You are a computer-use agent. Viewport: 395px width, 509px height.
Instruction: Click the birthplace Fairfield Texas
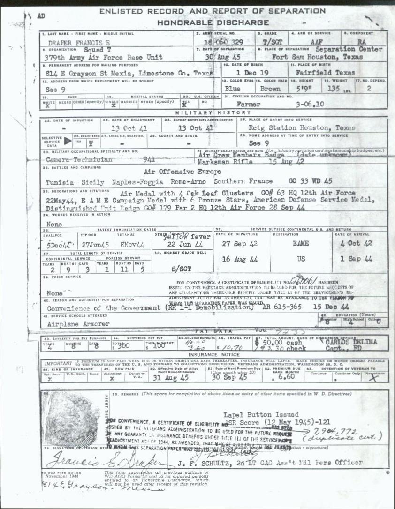coord(325,73)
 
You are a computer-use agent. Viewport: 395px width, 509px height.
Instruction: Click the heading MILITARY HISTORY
coord(213,113)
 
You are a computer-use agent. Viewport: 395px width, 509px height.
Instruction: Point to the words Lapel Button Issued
coord(261,414)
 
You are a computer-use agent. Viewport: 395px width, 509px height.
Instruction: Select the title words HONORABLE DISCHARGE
coord(213,22)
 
